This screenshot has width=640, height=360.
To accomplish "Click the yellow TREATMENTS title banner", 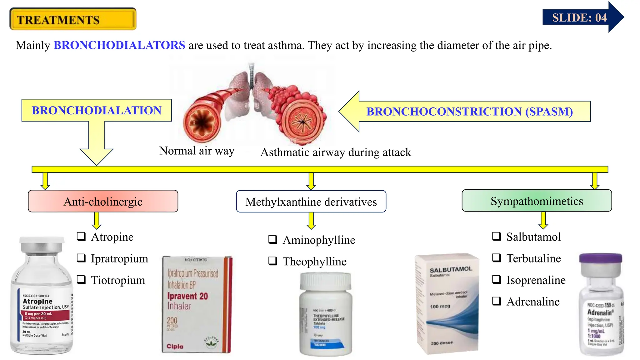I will coord(73,19).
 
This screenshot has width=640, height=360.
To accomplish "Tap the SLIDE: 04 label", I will coord(579,17).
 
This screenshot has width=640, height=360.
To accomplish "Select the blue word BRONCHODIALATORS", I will coord(119,45).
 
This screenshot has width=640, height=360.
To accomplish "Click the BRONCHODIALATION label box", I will coord(97,110).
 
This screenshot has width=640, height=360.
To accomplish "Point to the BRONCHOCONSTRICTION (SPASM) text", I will coord(469,112).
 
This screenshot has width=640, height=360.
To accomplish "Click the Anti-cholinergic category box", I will coord(103,202).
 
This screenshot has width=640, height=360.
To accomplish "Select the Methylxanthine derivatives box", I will coord(311,202).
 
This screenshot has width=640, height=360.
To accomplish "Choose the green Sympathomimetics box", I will coord(537,201).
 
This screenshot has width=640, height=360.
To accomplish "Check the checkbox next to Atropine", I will coord(81,236).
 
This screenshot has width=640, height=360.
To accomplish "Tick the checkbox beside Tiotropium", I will coord(81,279).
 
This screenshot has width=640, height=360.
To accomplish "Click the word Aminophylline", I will coord(319,240).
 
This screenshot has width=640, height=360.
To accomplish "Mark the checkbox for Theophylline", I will coord(273,261).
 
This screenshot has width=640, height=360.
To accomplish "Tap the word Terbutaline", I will coord(533,258).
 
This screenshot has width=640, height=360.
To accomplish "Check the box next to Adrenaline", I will coord(497,301).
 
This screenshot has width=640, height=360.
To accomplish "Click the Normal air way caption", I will coord(197,151).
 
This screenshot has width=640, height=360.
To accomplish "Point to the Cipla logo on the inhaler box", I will coord(175,346).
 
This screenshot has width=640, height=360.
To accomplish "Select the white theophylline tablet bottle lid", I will coord(325,280).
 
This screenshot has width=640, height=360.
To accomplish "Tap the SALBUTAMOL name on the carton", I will coord(451,269).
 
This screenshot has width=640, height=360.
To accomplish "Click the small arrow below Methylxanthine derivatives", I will coord(311,220).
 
